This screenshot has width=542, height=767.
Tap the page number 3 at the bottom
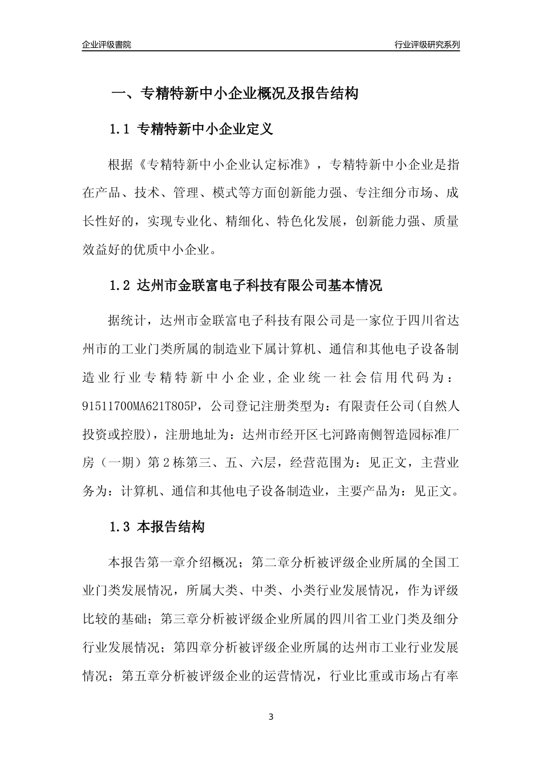click(x=271, y=717)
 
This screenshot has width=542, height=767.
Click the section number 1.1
click(x=120, y=130)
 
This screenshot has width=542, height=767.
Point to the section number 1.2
click(x=120, y=286)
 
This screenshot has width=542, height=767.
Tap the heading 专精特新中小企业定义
click(x=205, y=130)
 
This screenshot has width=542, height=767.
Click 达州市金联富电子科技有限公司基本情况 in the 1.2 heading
click(x=260, y=286)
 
